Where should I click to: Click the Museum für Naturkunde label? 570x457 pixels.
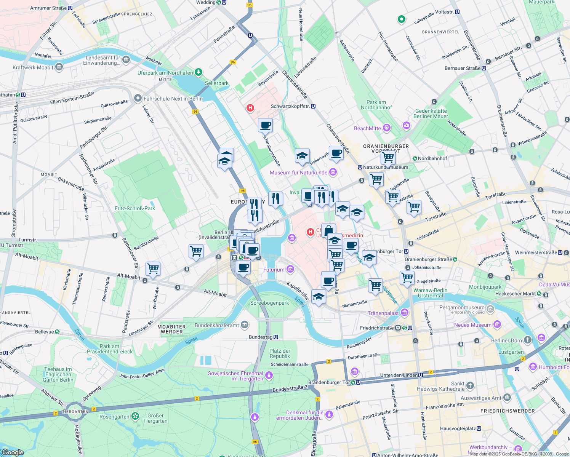(x=298, y=173)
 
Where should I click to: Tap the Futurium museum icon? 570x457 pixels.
(x=290, y=270)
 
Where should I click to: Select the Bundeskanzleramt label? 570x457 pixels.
(x=217, y=325)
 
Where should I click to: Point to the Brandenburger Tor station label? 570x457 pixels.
(x=329, y=382)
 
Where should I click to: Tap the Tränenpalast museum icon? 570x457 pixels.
(x=405, y=313)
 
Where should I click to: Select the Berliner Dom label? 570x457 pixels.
(x=506, y=340)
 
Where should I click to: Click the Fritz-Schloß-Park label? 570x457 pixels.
(x=135, y=208)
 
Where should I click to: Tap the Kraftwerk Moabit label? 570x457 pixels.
(x=33, y=67)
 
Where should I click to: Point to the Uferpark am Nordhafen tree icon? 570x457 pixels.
(x=198, y=72)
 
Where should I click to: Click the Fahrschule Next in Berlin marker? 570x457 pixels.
(x=138, y=99)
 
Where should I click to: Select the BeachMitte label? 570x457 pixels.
(x=367, y=128)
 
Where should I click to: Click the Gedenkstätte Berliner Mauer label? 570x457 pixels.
(x=431, y=113)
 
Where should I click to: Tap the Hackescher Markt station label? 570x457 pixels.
(x=516, y=294)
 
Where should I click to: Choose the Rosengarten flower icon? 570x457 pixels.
(x=135, y=416)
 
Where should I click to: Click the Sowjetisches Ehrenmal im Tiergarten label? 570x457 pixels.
(x=235, y=376)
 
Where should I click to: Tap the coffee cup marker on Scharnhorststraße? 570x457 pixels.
(x=265, y=125)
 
